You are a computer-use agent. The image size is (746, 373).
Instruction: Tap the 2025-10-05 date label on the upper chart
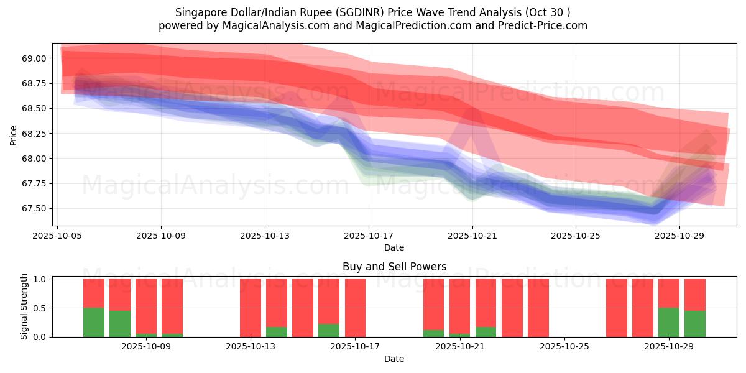point(57,236)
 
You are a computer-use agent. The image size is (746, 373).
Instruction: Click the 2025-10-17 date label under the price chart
point(368,236)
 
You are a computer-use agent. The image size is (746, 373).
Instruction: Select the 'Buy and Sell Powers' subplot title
point(394,267)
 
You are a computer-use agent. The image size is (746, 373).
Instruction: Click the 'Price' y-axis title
point(14,135)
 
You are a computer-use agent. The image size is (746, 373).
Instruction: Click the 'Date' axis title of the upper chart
point(394,247)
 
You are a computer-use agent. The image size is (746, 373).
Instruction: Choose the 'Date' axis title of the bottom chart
point(394,359)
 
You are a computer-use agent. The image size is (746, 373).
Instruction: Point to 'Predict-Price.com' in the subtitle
point(542,25)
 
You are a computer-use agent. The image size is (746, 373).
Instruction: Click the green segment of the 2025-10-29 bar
point(669,322)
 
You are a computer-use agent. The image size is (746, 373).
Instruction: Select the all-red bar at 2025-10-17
point(355,308)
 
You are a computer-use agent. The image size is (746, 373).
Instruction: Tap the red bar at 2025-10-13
point(251,308)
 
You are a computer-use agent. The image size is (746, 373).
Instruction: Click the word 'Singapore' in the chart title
point(200,12)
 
